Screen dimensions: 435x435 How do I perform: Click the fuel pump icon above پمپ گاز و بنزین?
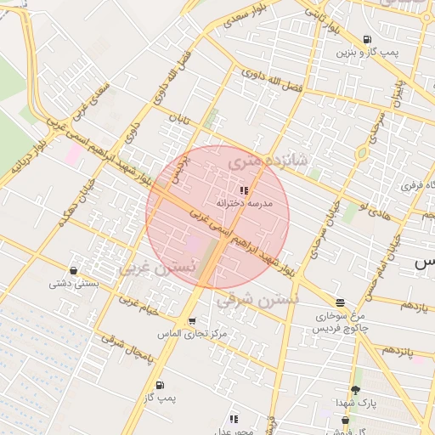pos(366,39)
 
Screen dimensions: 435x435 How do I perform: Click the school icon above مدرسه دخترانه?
pos(245,190)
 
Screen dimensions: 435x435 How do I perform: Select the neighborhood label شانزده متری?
pos(265,157)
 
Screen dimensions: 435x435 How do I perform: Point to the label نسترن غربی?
pos(157,267)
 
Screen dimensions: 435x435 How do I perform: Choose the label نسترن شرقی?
pos(257,298)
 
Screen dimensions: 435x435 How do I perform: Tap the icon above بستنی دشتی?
pos(73,271)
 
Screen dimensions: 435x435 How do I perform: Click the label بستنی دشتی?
pos(71,284)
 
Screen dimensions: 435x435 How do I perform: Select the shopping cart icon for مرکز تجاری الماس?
pos(193,321)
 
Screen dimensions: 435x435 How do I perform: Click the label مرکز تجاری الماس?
pos(193,334)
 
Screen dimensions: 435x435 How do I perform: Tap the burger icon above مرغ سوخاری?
pos(340,302)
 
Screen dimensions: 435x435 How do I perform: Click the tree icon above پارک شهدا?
pos(355,389)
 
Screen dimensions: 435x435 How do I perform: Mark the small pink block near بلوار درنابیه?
pos(73,154)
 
